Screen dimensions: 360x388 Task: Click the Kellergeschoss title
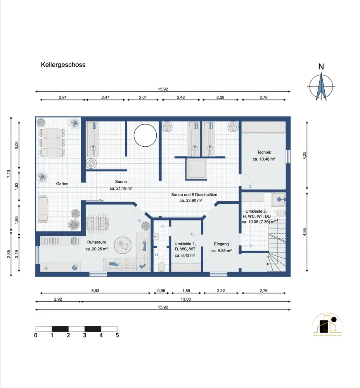pos(63,65)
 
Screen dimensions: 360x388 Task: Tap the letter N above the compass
pos(321,67)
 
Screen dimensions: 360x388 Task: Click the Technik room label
pos(264,152)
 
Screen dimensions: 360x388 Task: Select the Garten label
pos(62,184)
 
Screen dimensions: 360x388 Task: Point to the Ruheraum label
pos(97,242)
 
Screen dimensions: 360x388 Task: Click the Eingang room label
pos(221,244)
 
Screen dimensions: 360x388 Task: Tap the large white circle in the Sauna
pos(145,135)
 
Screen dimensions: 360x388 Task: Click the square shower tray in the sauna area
pos(196,169)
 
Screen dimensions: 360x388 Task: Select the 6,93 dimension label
pos(95,291)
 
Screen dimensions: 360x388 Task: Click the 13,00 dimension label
pos(185,299)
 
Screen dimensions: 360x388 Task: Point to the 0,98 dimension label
pos(161,291)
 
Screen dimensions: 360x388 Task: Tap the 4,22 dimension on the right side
pos(305,156)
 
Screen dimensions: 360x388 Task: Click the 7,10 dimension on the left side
pos(9,174)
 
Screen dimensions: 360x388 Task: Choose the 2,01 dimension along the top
pos(143,97)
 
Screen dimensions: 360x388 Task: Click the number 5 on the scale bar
pos(117,335)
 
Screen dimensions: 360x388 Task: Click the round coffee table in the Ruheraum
pos(123,245)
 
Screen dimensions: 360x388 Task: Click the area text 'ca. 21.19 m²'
pos(121,188)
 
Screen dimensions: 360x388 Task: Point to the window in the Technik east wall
pos(288,156)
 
